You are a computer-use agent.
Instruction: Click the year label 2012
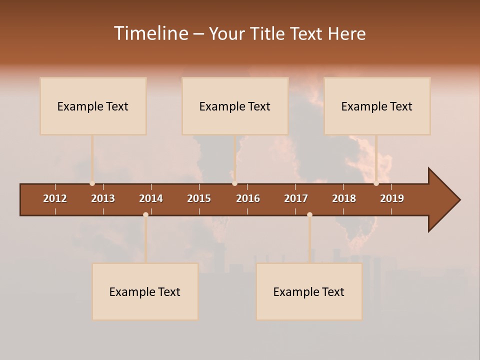[55, 198]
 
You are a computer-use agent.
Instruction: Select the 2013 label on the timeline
[103, 198]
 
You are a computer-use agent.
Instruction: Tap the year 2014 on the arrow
[151, 198]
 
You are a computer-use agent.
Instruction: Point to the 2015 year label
[199, 198]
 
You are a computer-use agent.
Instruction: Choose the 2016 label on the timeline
[248, 198]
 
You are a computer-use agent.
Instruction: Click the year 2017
[296, 198]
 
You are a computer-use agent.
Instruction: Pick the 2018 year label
[344, 198]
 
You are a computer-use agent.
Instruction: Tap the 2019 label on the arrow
[392, 198]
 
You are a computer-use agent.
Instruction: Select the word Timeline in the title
[151, 33]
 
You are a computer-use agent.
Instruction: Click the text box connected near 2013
[93, 106]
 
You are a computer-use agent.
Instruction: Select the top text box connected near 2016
[235, 106]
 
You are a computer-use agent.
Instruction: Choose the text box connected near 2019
[377, 106]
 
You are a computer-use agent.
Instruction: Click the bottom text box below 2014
[145, 291]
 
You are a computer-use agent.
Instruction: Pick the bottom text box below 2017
[309, 291]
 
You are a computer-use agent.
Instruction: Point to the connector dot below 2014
[145, 214]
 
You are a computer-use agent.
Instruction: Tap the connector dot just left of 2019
[376, 183]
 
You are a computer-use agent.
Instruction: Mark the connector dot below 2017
[309, 214]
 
